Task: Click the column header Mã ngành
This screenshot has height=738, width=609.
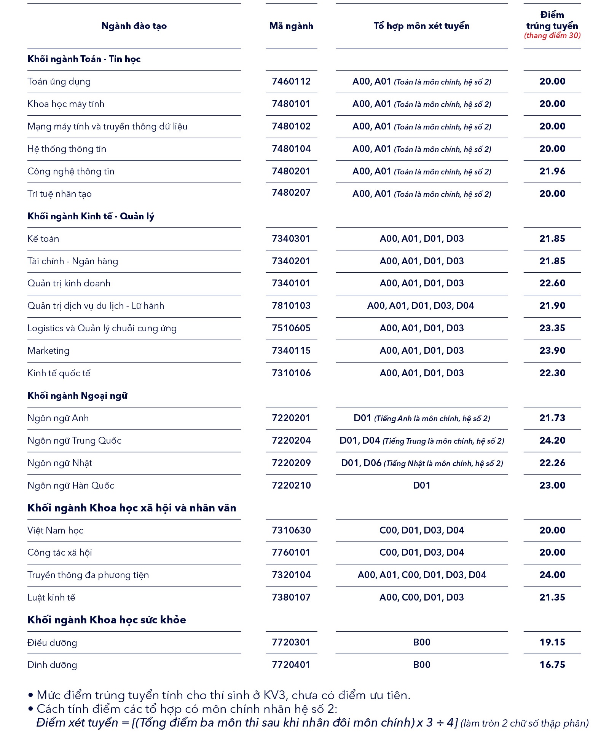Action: pos(291,26)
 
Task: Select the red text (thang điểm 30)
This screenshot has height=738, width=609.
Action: pos(552,36)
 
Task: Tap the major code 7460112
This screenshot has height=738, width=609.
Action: pos(291,81)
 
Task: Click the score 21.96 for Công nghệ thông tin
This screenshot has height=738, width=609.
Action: pos(552,171)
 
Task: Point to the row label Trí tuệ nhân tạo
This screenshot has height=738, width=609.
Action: pos(59,194)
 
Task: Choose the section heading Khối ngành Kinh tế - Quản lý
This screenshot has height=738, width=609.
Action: pos(91,216)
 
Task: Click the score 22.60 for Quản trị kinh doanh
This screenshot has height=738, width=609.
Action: pos(552,283)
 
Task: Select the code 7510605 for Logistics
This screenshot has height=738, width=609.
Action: pos(291,328)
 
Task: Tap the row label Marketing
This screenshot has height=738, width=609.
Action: pos(48,351)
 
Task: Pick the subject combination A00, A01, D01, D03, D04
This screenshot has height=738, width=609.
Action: pos(421,306)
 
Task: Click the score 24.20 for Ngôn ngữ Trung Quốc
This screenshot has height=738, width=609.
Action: pos(552,441)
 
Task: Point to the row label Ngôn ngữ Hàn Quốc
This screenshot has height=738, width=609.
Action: pos(71,486)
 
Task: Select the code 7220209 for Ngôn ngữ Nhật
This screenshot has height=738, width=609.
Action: pos(291,463)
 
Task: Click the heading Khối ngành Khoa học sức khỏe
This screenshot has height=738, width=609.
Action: pos(107,620)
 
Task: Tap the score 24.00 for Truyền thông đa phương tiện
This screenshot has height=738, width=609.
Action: pos(552,575)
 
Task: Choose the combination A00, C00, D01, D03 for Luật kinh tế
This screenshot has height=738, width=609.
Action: pos(421,597)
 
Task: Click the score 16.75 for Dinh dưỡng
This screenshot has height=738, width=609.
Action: pos(552,665)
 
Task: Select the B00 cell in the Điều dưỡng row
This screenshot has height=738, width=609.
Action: pos(422,642)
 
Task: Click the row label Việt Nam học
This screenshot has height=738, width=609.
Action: pos(55,530)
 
